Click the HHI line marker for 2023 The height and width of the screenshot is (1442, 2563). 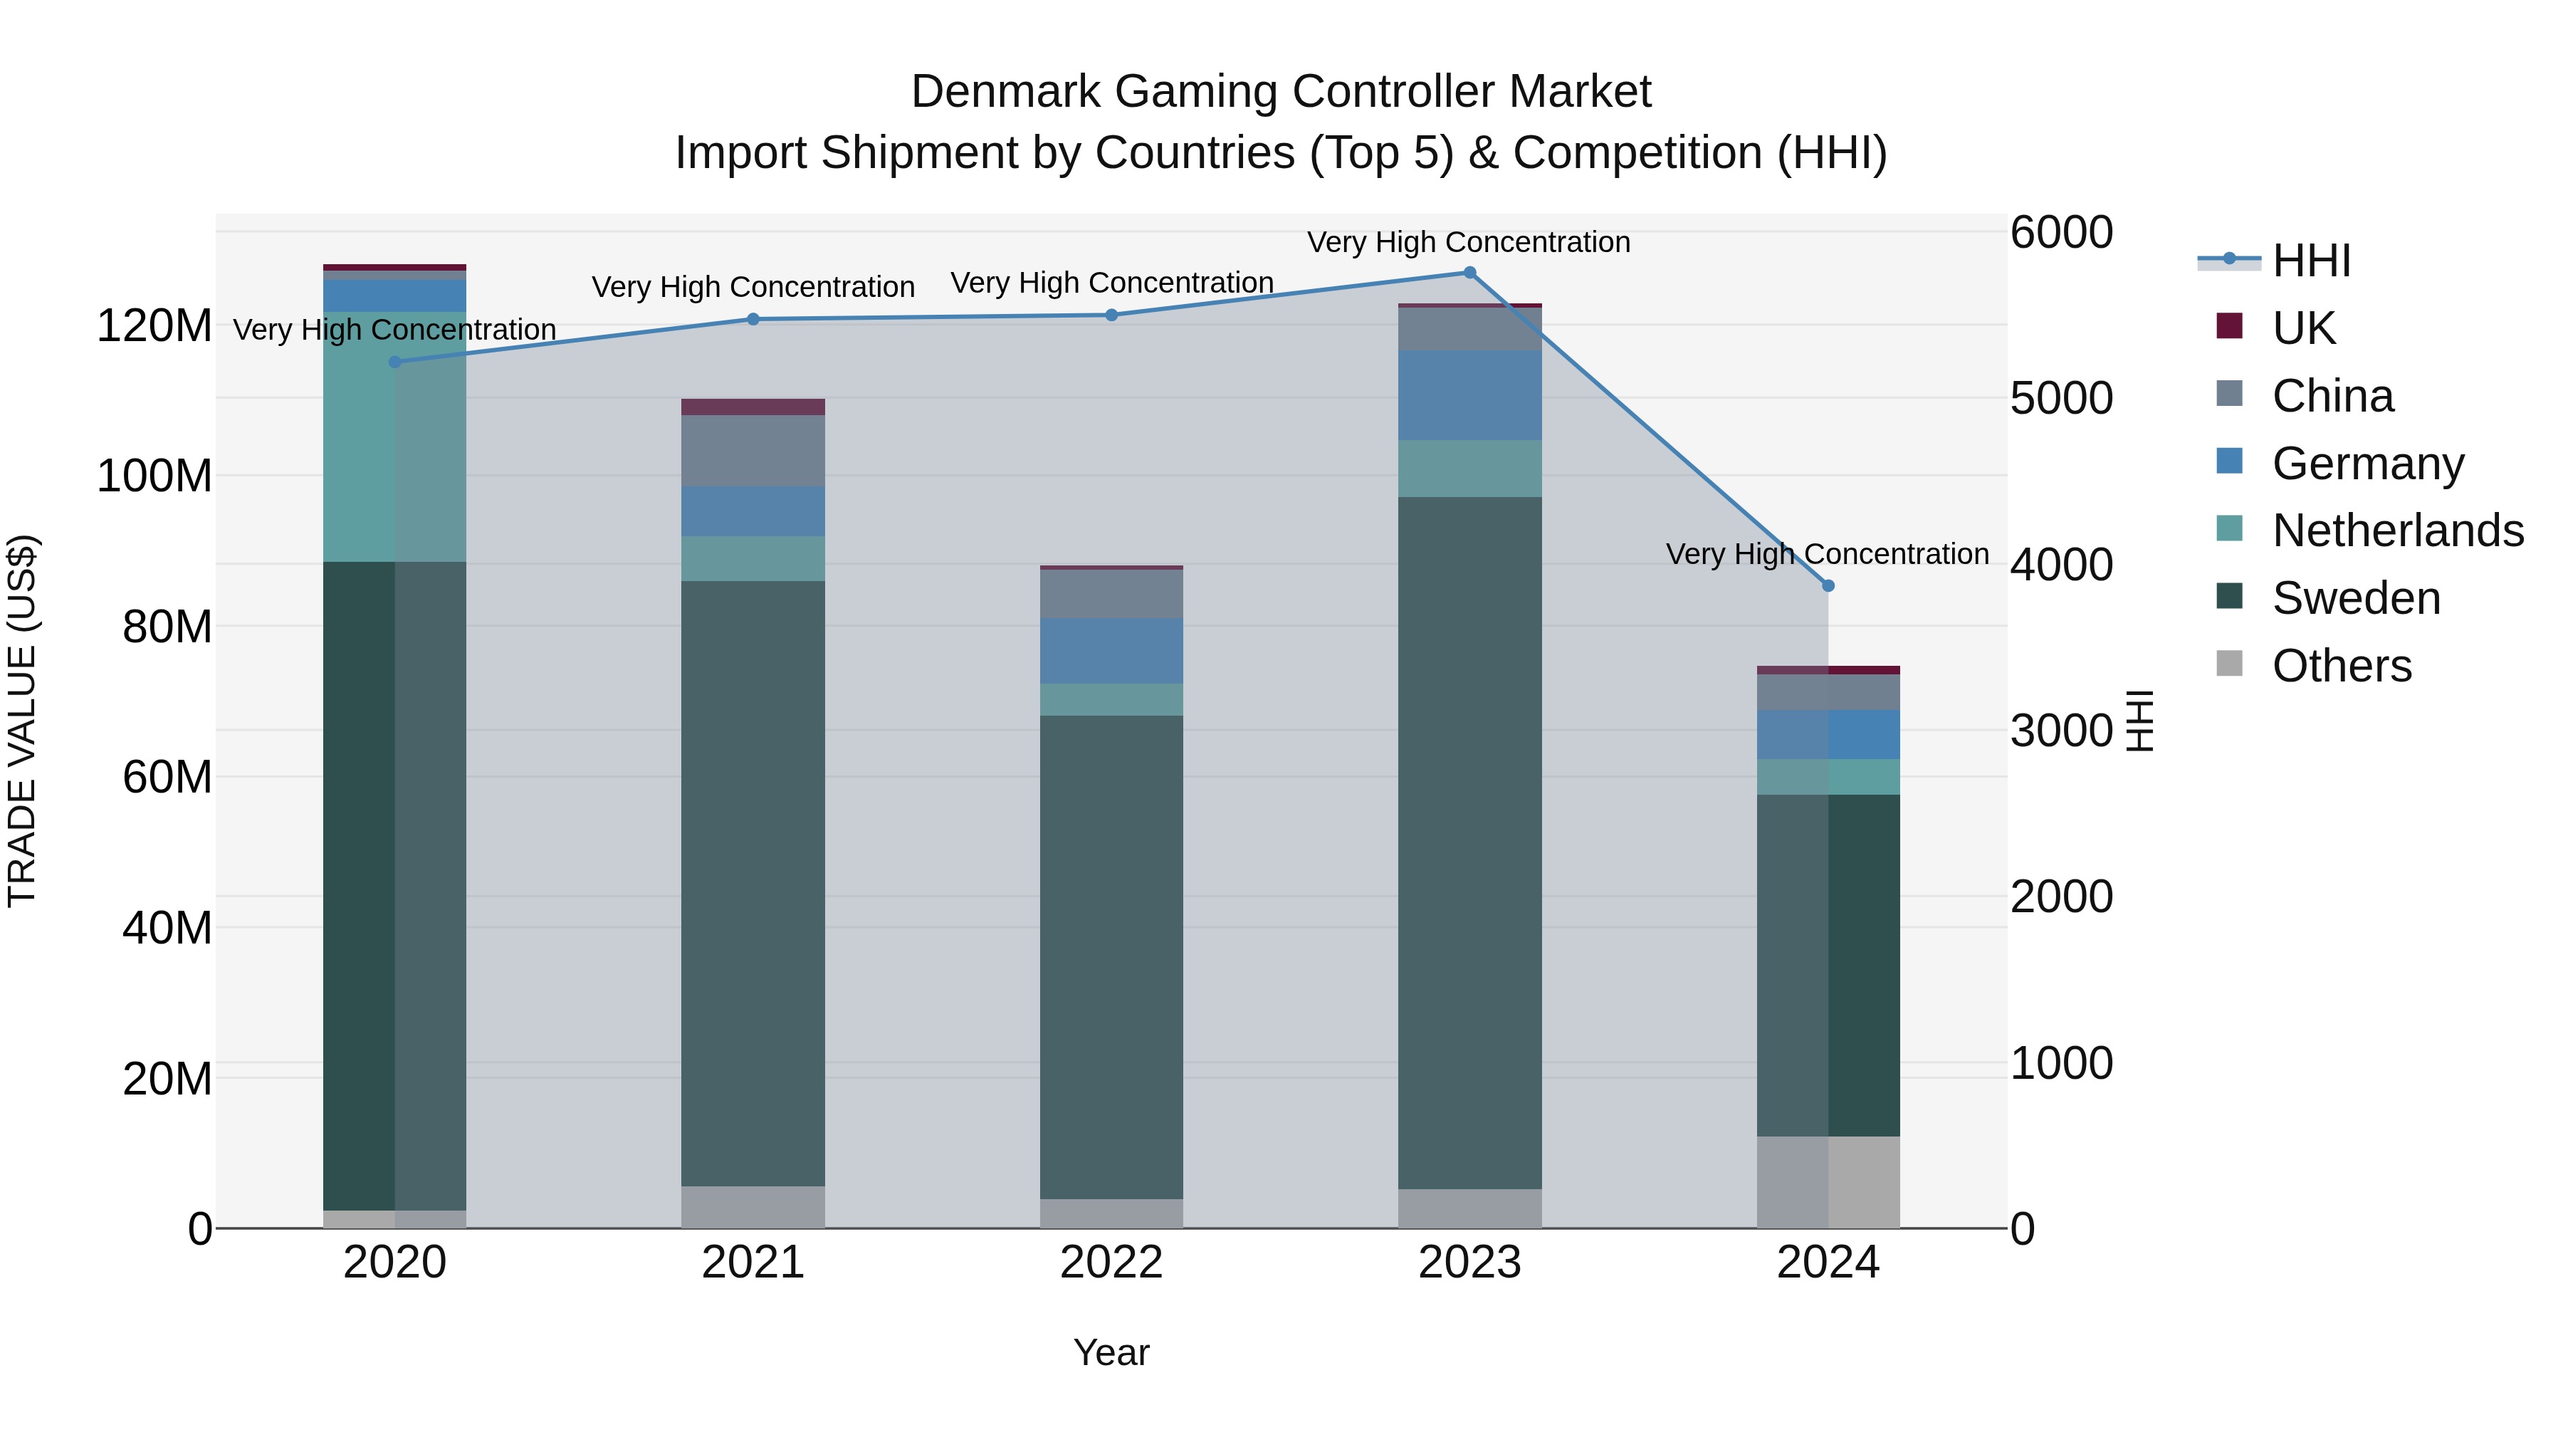pyautogui.click(x=1469, y=273)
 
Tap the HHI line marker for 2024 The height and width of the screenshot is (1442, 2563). pyautogui.click(x=1828, y=586)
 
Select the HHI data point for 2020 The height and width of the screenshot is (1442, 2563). pyautogui.click(x=395, y=362)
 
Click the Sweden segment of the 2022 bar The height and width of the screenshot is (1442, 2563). pyautogui.click(x=1111, y=956)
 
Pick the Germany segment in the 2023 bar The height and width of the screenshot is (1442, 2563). pyautogui.click(x=1469, y=395)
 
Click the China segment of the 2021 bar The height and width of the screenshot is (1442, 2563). pyautogui.click(x=753, y=451)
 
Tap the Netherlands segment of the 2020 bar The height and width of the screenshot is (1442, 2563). pyautogui.click(x=395, y=438)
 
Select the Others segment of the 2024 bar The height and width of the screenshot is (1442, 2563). pyautogui.click(x=1828, y=1181)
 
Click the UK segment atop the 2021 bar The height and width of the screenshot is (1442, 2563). pyautogui.click(x=753, y=407)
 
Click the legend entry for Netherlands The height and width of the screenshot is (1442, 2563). pyautogui.click(x=2397, y=531)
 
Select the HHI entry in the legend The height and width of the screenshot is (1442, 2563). pyautogui.click(x=2310, y=261)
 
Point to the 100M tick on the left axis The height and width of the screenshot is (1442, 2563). pyautogui.click(x=154, y=476)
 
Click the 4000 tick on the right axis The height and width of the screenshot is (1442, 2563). pyautogui.click(x=2060, y=564)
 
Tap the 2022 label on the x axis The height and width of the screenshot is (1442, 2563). pyautogui.click(x=1111, y=1263)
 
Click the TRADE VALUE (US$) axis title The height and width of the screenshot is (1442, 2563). pyautogui.click(x=22, y=721)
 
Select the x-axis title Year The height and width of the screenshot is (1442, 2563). pyautogui.click(x=1111, y=1352)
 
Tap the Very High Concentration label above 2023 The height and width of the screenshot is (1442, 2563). pyautogui.click(x=1469, y=242)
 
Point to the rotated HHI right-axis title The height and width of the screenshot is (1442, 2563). pyautogui.click(x=2139, y=721)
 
